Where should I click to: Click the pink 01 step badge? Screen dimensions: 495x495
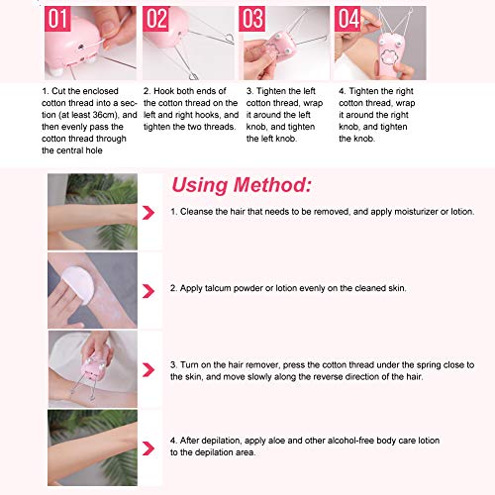pyautogui.click(x=57, y=18)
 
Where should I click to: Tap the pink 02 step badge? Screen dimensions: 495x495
pyautogui.click(x=156, y=18)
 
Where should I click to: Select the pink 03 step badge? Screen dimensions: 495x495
pyautogui.click(x=253, y=18)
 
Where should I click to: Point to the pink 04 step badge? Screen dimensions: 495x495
pyautogui.click(x=348, y=18)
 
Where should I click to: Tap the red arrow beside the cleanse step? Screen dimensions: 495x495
pyautogui.click(x=148, y=213)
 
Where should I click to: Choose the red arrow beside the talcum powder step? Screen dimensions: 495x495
pyautogui.click(x=148, y=288)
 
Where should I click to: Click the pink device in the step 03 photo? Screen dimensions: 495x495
pyautogui.click(x=271, y=54)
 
